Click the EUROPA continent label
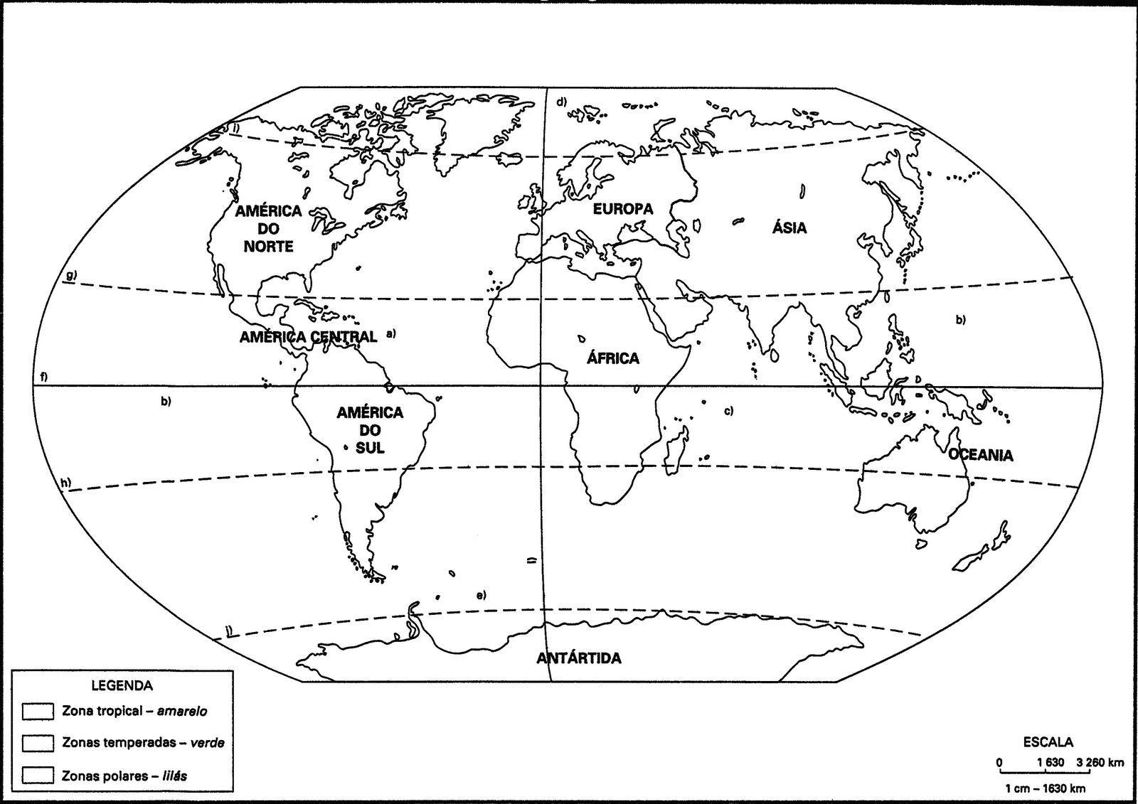coord(623,209)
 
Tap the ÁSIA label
coord(789,227)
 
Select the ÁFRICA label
coord(613,358)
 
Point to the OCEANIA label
coord(981,455)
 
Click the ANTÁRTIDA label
coord(579,658)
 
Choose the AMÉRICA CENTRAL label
coord(308,337)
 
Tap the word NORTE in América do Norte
coord(269,247)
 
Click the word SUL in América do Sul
coord(370,448)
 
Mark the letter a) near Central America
coord(390,333)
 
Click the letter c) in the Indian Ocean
coord(728,411)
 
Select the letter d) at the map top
coord(561,102)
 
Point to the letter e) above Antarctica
coord(481,594)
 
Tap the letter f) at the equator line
coord(44,377)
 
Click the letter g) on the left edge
coord(70,275)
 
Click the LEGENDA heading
coord(122,686)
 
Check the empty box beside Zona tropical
coord(38,712)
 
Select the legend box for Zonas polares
coord(38,775)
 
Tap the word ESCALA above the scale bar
coord(1048,742)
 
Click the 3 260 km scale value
coord(1100,763)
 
